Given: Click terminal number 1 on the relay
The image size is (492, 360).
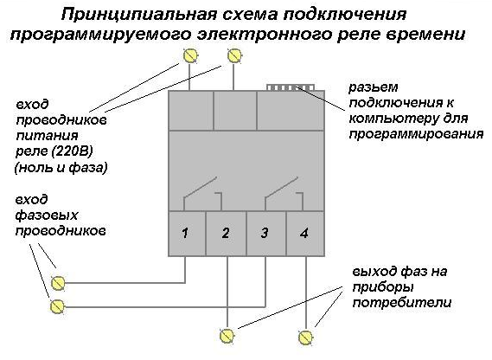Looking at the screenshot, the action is (188, 234).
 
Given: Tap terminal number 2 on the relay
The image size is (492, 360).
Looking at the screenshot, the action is (226, 234).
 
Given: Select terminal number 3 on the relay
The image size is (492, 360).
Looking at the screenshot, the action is (266, 234).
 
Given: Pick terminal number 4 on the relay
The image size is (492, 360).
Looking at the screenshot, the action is (305, 234).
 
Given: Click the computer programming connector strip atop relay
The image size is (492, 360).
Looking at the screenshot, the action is (291, 87).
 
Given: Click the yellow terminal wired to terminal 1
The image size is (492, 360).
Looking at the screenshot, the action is (58, 283).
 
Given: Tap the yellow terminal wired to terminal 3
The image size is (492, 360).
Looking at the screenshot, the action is (57, 306).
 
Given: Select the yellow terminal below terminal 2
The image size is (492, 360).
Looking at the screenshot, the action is (227, 336).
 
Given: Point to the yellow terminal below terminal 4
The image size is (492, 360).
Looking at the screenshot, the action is (305, 337).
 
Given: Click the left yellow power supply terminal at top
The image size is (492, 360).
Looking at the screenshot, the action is (190, 56).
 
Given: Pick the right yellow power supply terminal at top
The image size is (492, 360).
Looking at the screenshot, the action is (234, 56).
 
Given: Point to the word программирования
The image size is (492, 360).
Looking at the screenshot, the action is (416, 135).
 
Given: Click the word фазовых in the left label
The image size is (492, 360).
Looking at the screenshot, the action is (47, 215).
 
